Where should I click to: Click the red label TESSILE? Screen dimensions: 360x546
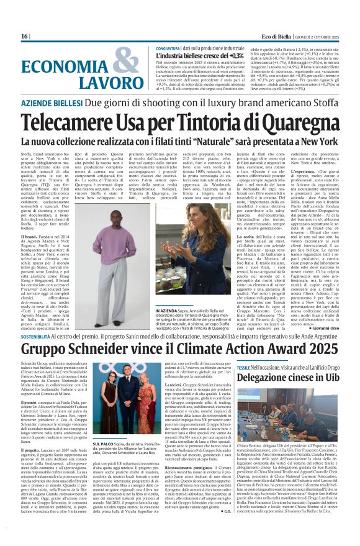tap(243, 368)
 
